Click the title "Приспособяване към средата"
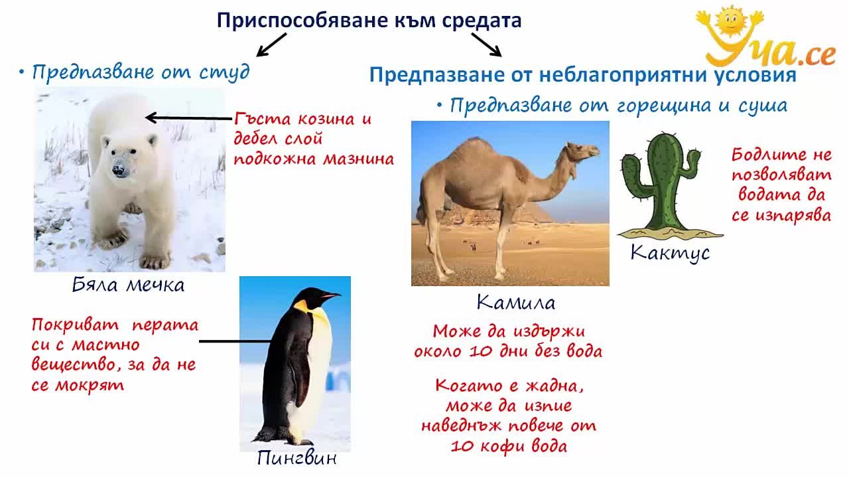(369, 21)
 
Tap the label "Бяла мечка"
(128, 285)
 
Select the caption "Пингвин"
(296, 458)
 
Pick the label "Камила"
(516, 302)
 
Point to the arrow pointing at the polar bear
(189, 118)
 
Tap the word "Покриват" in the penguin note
(75, 325)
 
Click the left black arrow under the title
(271, 44)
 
